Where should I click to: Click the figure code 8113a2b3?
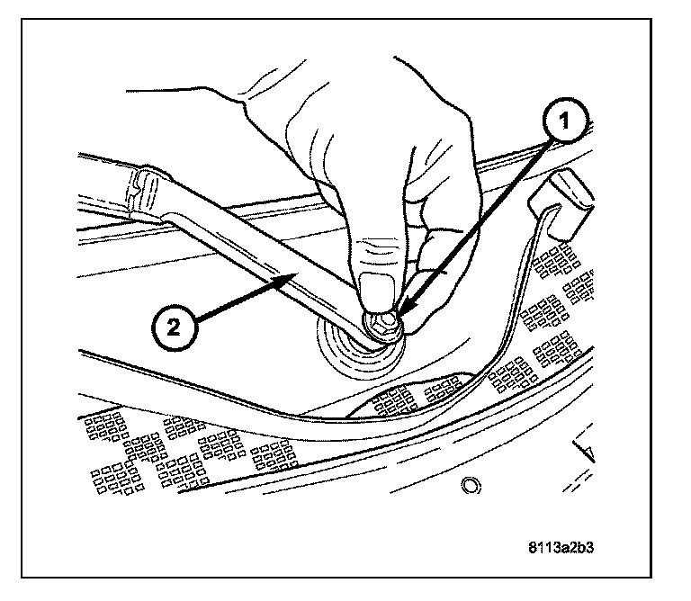tap(563, 546)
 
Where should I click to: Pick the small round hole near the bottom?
tap(468, 486)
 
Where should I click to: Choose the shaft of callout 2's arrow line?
tap(238, 300)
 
